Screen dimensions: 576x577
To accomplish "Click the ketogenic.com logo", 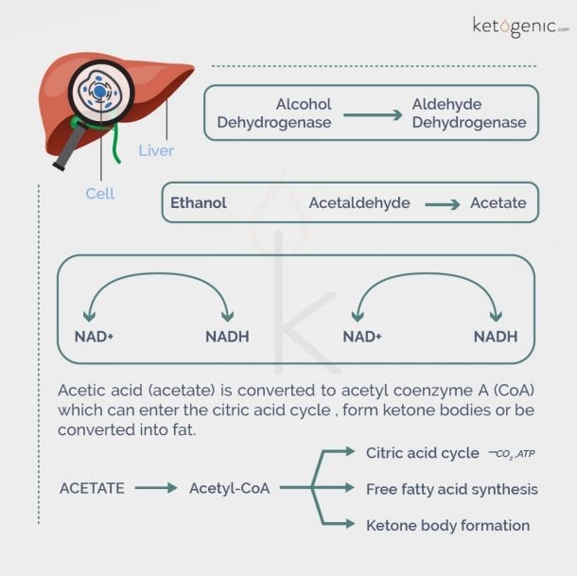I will point(518,26).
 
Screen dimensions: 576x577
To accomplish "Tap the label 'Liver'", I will point(156,150).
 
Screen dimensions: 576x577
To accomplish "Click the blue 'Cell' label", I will point(100,193).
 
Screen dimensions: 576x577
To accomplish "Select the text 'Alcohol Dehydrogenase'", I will point(274,113).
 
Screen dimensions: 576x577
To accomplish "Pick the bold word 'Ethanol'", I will point(199,202).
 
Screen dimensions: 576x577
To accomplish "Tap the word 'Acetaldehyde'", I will point(359,202).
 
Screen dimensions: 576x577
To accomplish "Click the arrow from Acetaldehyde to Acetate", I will point(442,203).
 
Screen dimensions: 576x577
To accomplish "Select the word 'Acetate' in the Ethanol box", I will point(498,202).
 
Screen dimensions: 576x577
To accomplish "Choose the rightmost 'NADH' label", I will point(496,337).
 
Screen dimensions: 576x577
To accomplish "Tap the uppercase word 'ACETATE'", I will point(92,488).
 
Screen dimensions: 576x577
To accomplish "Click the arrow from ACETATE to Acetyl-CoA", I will point(155,489).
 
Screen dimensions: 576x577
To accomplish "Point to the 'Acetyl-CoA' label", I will point(229,488).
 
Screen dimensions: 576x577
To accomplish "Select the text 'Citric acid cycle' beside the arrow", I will point(422,453).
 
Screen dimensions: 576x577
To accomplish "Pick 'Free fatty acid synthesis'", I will point(451,489).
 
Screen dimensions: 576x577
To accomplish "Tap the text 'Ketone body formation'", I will point(447,525).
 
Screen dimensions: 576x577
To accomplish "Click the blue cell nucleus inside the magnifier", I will point(99,91).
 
